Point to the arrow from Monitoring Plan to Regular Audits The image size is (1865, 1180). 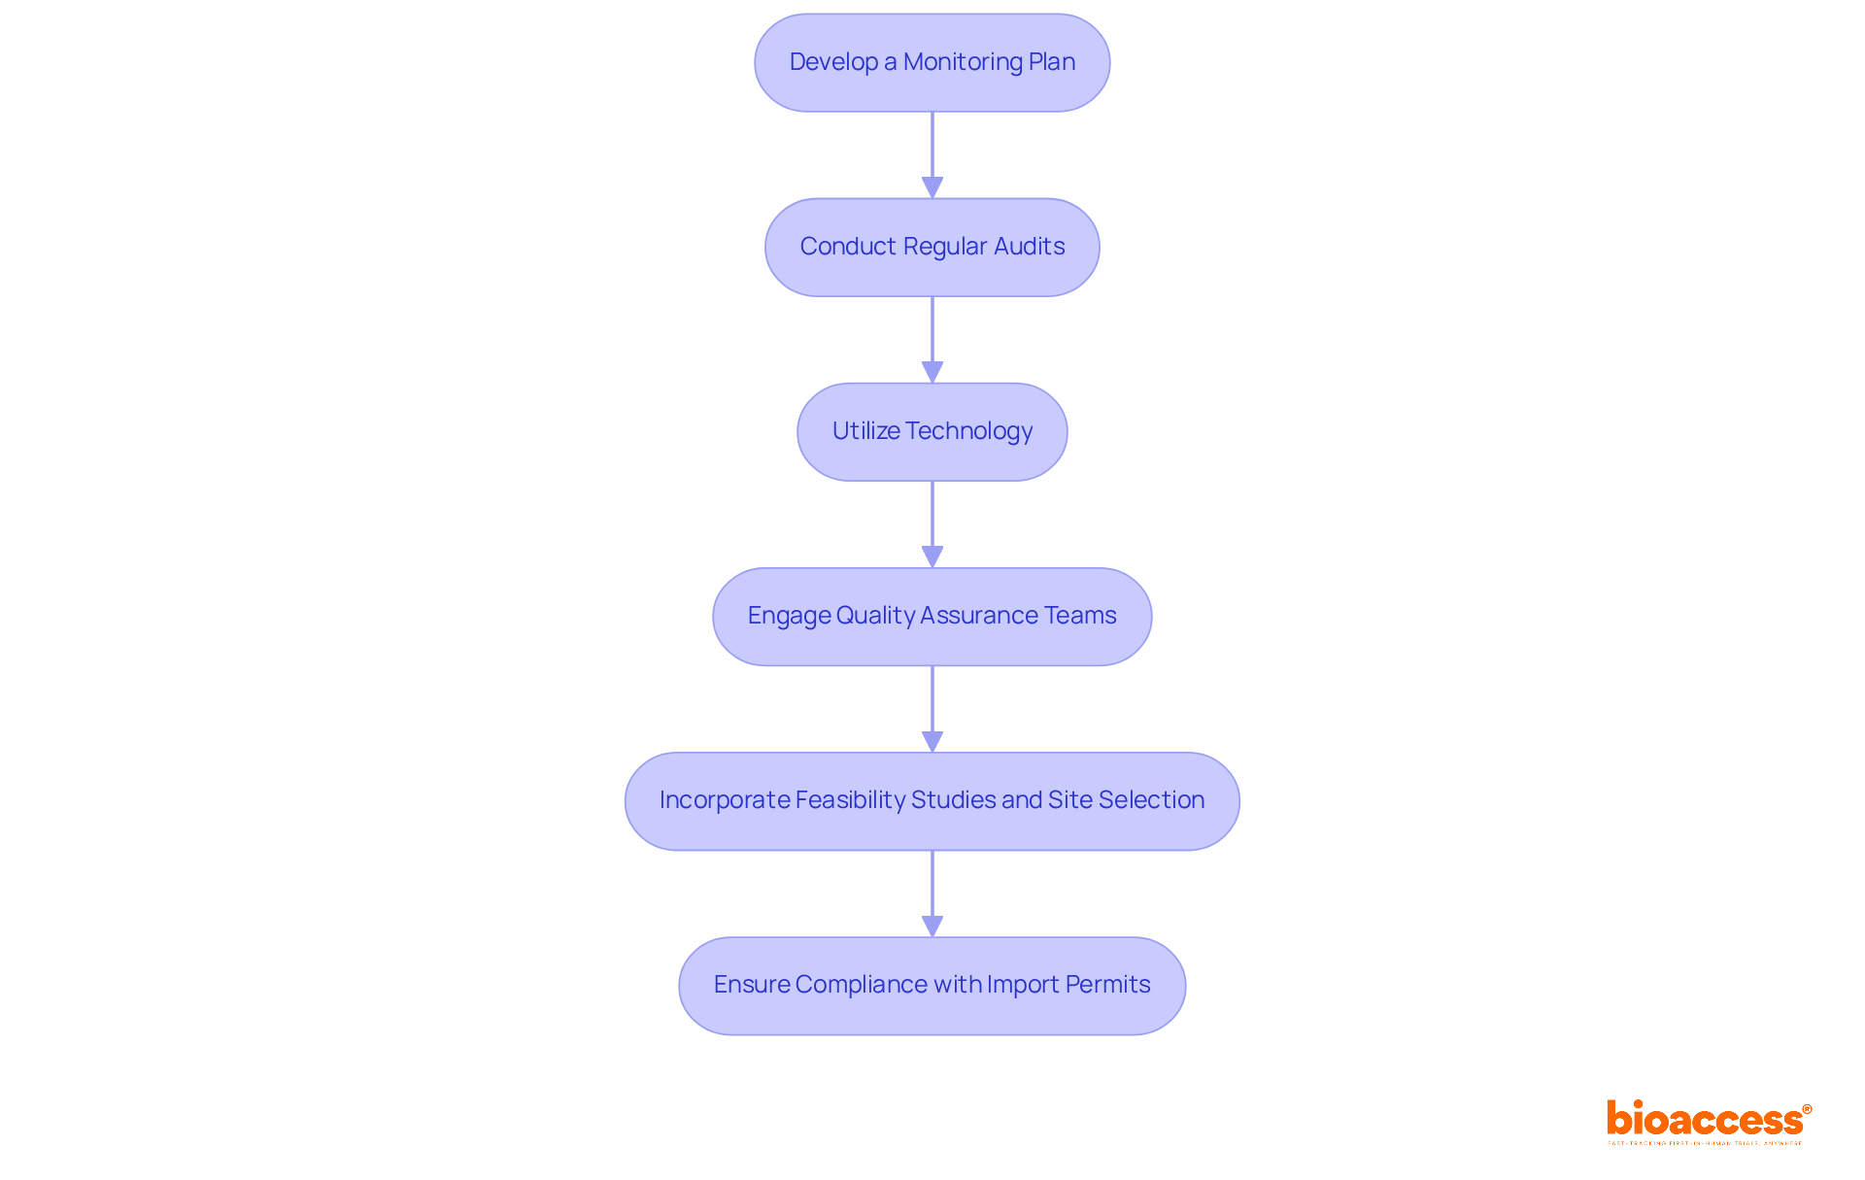932,155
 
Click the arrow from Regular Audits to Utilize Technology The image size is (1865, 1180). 932,340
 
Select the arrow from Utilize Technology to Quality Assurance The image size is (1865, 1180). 932,524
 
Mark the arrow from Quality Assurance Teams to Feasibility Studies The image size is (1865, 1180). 932,709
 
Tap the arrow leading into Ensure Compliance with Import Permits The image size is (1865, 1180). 932,893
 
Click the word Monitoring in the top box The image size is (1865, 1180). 963,62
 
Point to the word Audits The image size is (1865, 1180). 1029,247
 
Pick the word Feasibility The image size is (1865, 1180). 850,800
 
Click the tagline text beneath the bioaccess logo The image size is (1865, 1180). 1705,1143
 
